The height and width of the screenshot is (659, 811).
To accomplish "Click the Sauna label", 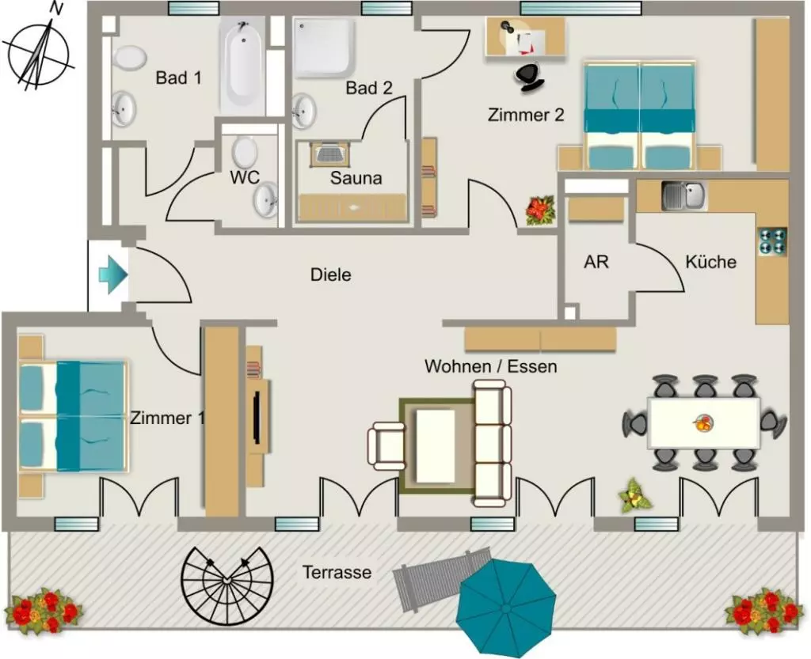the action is (356, 178).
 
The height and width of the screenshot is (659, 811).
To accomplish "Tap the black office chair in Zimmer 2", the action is (528, 77).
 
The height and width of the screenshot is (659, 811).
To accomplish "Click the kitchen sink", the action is (684, 195).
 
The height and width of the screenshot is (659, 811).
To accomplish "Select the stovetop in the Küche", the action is (772, 241).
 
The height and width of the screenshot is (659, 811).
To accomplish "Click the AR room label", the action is (596, 262).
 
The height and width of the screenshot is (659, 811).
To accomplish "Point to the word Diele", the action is (330, 275).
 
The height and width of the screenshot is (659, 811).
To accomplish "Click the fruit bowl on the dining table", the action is (703, 423).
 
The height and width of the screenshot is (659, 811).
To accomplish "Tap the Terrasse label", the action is (337, 572).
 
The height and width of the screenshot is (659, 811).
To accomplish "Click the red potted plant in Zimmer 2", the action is (539, 210).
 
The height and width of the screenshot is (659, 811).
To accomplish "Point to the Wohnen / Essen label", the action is (491, 366).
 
